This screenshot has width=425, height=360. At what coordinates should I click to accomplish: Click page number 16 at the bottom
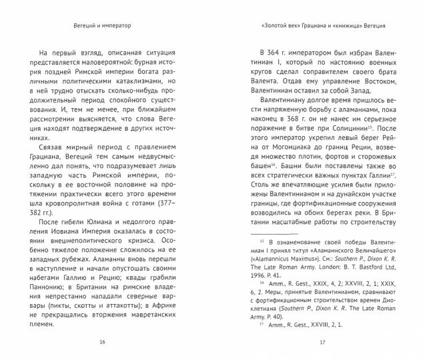pos(101,343)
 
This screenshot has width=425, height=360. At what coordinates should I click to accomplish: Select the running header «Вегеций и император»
pos(101,27)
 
